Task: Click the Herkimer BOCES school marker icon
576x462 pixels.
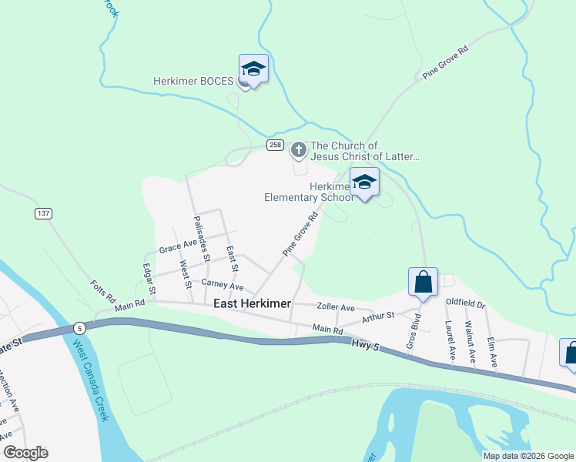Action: coord(253,70)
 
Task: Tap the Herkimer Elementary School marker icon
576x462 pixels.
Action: coord(365,182)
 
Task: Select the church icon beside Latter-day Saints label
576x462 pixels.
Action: coord(299,149)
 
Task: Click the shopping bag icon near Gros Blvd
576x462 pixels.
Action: coord(424,282)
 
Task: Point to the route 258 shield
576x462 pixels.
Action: coord(276,146)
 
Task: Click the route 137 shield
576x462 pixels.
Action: coord(42,212)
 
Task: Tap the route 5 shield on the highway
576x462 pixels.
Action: coord(79,327)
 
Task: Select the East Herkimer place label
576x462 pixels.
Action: coord(252,304)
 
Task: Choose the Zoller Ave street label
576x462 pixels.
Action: coord(336,306)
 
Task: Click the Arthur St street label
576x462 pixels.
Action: coord(378,316)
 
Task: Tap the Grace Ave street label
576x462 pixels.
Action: coord(179,246)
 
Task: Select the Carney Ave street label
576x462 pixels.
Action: coord(223,286)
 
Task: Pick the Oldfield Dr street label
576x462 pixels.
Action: coord(466,304)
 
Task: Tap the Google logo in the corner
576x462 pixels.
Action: coord(25,453)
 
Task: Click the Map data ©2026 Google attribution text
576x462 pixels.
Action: coord(527,456)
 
